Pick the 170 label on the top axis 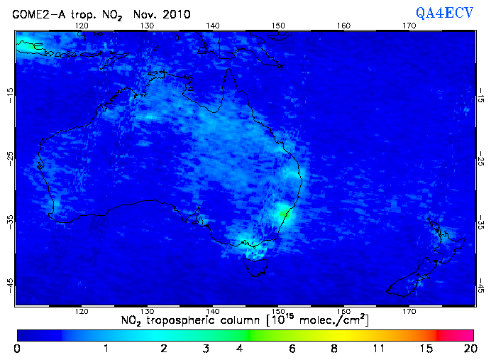click(409, 26)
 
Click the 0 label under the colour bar click(17, 348)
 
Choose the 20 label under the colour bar click(468, 348)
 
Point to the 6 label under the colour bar click(292, 348)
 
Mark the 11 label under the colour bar click(380, 348)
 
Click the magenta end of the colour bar click(465, 334)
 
